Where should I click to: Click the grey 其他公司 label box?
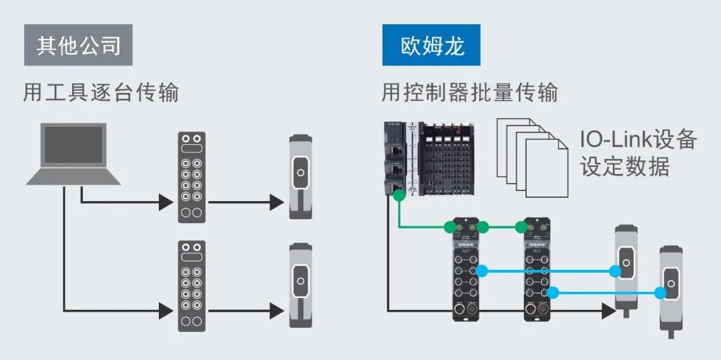pos(78,45)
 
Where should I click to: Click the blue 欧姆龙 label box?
pos(431,45)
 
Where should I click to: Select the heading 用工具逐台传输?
pos(101,92)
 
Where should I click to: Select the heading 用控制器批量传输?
pos(469,92)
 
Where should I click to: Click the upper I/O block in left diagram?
pos(192,177)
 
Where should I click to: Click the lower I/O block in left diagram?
pos(192,286)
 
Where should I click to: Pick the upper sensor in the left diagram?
pos(300,177)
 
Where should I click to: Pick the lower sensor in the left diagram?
pos(300,286)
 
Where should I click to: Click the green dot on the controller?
pos(398,195)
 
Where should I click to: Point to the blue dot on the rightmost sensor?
pos(660,293)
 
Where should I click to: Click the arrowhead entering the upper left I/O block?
pos(166,201)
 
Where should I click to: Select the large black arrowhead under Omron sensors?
pos(607,311)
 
